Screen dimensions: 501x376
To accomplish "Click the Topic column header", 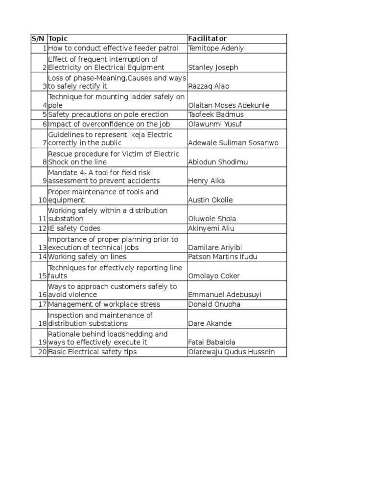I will (58, 39).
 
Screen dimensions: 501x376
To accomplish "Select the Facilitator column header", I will (208, 39).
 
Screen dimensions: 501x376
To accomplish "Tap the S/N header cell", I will (38, 39).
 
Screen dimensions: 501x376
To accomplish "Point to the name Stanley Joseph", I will (213, 68).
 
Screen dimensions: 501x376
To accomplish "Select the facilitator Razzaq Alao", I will (209, 86).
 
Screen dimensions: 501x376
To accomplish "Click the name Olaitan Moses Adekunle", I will (229, 105).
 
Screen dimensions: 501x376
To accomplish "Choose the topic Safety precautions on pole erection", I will (108, 114).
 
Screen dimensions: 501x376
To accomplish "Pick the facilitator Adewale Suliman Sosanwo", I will (233, 143).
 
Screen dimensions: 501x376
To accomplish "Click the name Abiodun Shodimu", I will (218, 162).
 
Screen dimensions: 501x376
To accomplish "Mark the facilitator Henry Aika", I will (207, 181).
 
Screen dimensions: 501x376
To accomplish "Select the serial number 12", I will (42, 228).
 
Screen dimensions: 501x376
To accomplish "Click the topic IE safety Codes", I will (74, 228).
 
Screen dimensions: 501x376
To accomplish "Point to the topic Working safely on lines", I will (87, 257).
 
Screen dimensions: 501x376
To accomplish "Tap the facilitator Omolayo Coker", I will (214, 276).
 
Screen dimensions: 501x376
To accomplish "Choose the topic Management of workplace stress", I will (104, 304).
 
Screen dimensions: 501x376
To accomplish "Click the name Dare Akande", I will (210, 323).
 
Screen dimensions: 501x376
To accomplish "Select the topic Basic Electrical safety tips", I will (93, 352).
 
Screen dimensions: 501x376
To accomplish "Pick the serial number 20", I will (42, 352).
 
